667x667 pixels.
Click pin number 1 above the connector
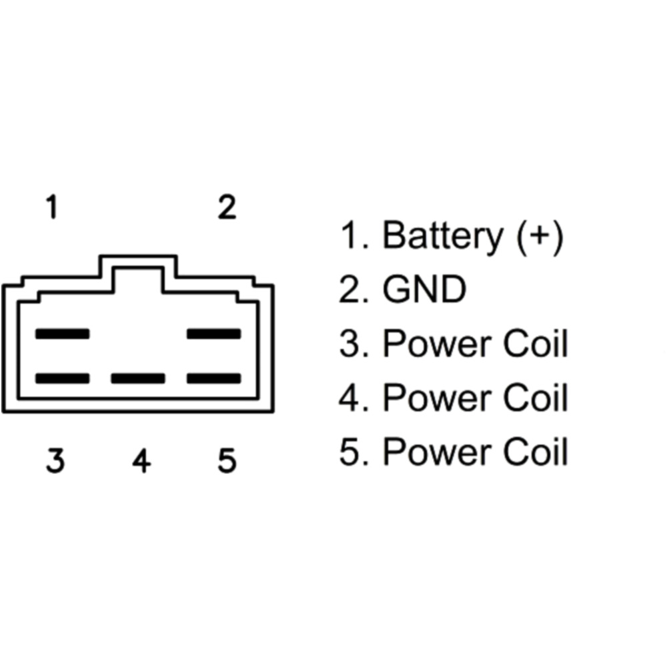click(52, 208)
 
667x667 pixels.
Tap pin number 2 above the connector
click(227, 208)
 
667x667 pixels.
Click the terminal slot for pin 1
click(62, 333)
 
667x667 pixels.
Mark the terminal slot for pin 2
click(214, 333)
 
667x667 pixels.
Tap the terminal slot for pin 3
click(62, 379)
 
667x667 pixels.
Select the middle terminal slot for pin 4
click(138, 379)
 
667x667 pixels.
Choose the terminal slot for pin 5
click(214, 379)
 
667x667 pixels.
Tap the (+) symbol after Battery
click(540, 236)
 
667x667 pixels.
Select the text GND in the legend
click(424, 290)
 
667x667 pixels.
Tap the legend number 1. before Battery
click(354, 236)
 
